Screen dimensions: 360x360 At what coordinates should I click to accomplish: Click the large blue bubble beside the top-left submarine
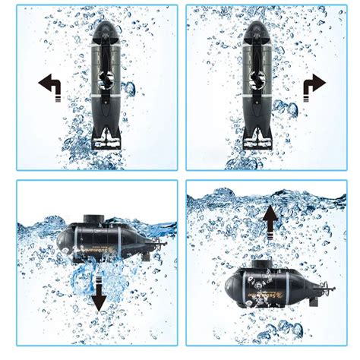(x=131, y=89)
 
